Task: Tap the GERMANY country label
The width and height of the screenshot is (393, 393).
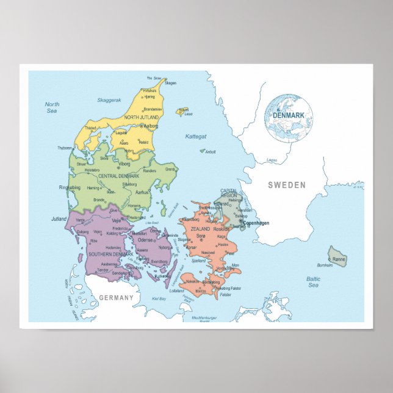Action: point(115,298)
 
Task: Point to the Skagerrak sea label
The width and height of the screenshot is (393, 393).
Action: point(109,99)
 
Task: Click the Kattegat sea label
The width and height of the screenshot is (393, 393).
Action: point(196,136)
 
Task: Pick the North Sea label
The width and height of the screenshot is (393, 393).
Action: point(52,108)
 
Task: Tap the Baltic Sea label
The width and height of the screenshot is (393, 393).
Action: point(313,282)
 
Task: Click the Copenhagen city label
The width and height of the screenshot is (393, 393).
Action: point(256,223)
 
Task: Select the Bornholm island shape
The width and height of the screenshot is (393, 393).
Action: point(336,256)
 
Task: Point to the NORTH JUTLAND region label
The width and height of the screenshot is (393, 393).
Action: point(142,117)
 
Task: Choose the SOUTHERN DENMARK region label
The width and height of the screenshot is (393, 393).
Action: point(110,254)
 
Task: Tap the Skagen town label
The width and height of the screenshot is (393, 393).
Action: point(171,83)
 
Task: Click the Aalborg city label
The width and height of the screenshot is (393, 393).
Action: point(150,126)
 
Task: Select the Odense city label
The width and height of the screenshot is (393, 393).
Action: point(145,240)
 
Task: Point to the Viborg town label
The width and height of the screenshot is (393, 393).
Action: point(124,164)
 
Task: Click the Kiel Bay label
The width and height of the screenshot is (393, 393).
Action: point(158,299)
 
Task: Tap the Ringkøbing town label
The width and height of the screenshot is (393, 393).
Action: point(69,188)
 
